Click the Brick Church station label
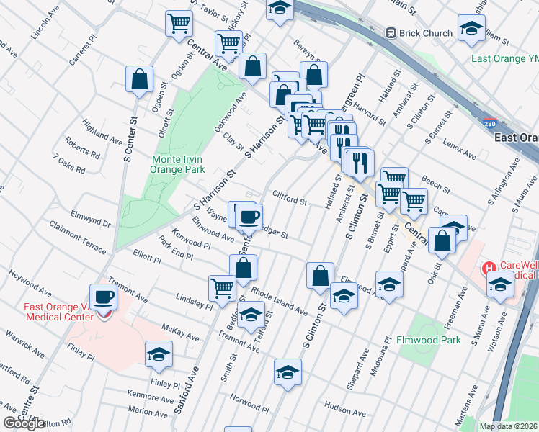[x=427, y=32]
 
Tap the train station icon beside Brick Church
[x=392, y=32]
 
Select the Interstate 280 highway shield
[x=490, y=124]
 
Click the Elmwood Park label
[x=428, y=339]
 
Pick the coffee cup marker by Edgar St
[x=249, y=216]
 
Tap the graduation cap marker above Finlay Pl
[x=159, y=354]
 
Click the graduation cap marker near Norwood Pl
[x=287, y=372]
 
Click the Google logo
[x=24, y=423]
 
